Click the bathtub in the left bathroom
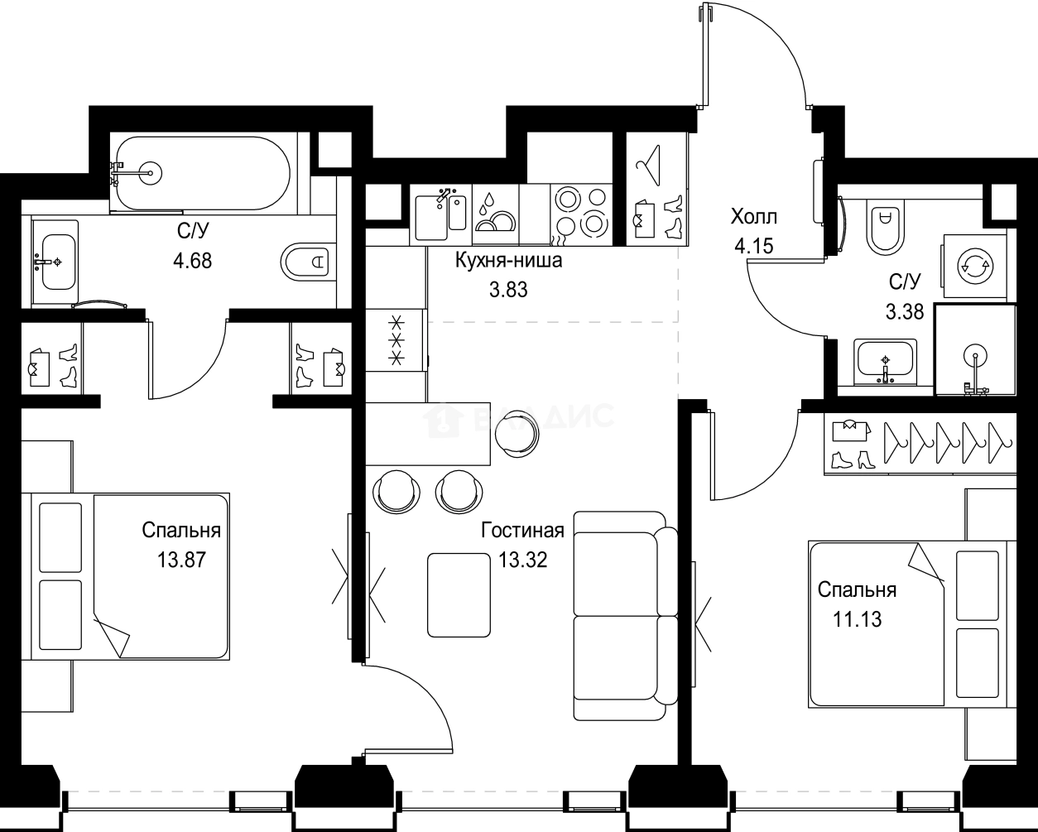(x=203, y=173)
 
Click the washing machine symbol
(x=975, y=266)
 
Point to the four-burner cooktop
(x=581, y=214)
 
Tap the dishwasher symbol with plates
(x=495, y=214)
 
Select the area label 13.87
(x=181, y=560)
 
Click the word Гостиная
(x=523, y=531)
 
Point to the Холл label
(x=754, y=217)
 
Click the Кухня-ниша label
(x=509, y=261)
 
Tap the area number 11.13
(x=857, y=619)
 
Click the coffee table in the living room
(x=459, y=595)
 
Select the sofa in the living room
(x=626, y=617)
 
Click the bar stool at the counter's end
(x=517, y=434)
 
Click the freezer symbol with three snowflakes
(x=396, y=339)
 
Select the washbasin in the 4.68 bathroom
(x=55, y=262)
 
